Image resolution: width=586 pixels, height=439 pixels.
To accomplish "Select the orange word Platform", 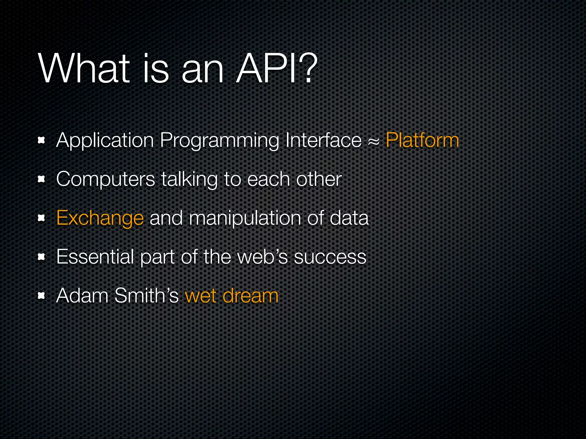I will point(422,140).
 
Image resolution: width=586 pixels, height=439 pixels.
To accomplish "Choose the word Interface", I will point(323,140).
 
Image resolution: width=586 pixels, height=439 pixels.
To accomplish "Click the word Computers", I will point(106,180).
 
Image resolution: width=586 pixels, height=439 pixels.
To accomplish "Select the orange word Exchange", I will point(100,219).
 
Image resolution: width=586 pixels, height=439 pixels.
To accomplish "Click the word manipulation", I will point(245,219).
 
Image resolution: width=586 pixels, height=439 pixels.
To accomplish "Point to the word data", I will point(349,218).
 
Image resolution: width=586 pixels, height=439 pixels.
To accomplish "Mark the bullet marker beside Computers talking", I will point(41,179).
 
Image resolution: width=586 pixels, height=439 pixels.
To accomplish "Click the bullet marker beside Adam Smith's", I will point(41,296).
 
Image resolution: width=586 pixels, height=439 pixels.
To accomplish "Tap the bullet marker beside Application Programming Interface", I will point(41,140).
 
